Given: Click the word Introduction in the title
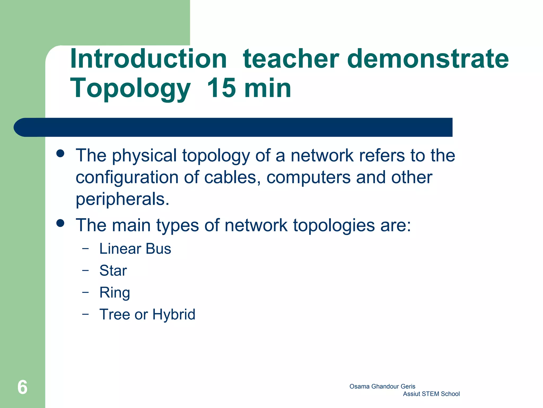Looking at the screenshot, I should (148, 59).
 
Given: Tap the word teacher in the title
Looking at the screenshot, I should (291, 59).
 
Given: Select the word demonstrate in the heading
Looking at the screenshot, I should (428, 59).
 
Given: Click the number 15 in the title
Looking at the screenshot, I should (221, 88).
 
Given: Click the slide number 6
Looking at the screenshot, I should (22, 387).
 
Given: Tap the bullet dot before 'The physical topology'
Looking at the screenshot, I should (60, 153).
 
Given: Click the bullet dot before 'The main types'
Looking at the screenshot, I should (60, 223).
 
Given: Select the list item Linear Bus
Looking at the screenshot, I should (135, 249).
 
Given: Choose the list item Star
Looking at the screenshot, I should (113, 271).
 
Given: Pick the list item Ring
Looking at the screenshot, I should (115, 293).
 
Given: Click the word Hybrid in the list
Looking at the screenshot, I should (174, 314).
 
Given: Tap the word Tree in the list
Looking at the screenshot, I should (115, 314).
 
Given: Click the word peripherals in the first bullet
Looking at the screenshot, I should (122, 199).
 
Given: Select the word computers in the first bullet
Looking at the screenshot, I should (308, 177).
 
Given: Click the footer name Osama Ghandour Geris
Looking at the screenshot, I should (382, 386).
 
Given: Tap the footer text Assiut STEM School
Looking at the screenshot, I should (431, 394).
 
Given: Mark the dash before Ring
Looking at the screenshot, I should (85, 292).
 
